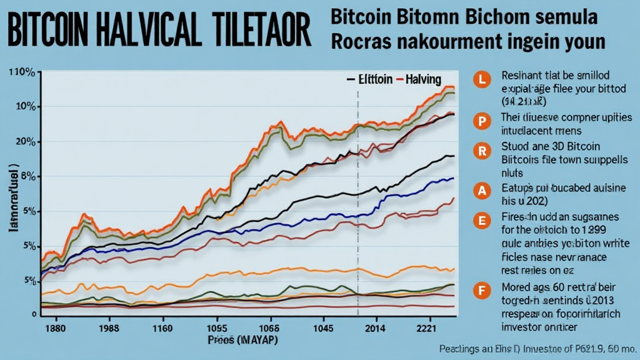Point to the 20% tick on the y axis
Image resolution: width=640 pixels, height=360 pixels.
point(25,142)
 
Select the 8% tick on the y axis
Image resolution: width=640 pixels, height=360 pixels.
point(27,177)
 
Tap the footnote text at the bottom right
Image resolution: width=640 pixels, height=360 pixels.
point(537,348)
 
